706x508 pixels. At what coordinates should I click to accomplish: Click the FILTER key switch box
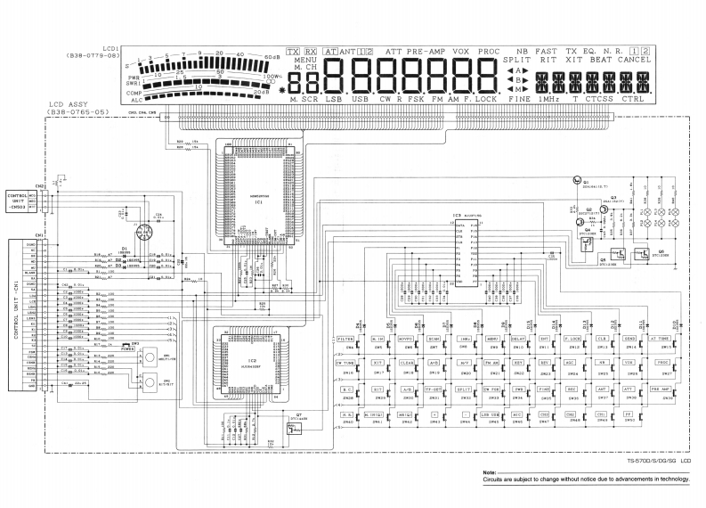pyautogui.click(x=346, y=339)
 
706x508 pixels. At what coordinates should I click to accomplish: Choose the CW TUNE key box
pyautogui.click(x=346, y=364)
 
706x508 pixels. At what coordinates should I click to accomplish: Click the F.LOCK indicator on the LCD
pyautogui.click(x=480, y=99)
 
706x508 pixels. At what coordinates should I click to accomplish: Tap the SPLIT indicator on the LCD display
pyautogui.click(x=521, y=61)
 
